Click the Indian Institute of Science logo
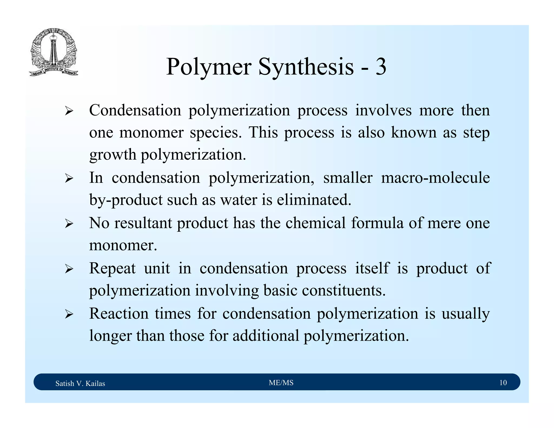coord(54,52)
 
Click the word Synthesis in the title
coord(306,67)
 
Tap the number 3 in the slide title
coord(380,67)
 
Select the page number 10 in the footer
coord(503,383)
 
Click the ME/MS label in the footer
coord(281,383)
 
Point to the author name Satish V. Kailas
coord(80,383)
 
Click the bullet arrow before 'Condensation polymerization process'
coord(69,111)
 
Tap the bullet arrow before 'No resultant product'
coord(69,224)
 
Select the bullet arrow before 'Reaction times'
coord(69,314)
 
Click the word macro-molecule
coord(435,178)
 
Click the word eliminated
coord(314,200)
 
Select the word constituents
coord(344,291)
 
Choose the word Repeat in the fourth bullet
coord(112,269)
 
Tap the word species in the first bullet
coord(215,133)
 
